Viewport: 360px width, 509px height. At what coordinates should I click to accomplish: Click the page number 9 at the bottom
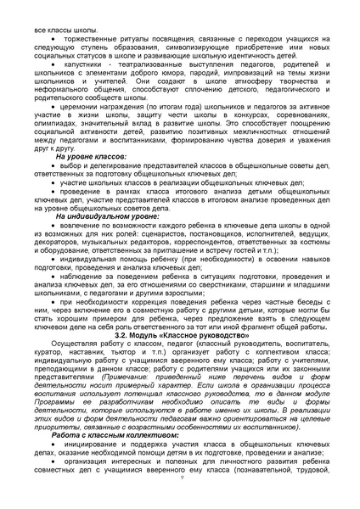(x=180, y=478)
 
